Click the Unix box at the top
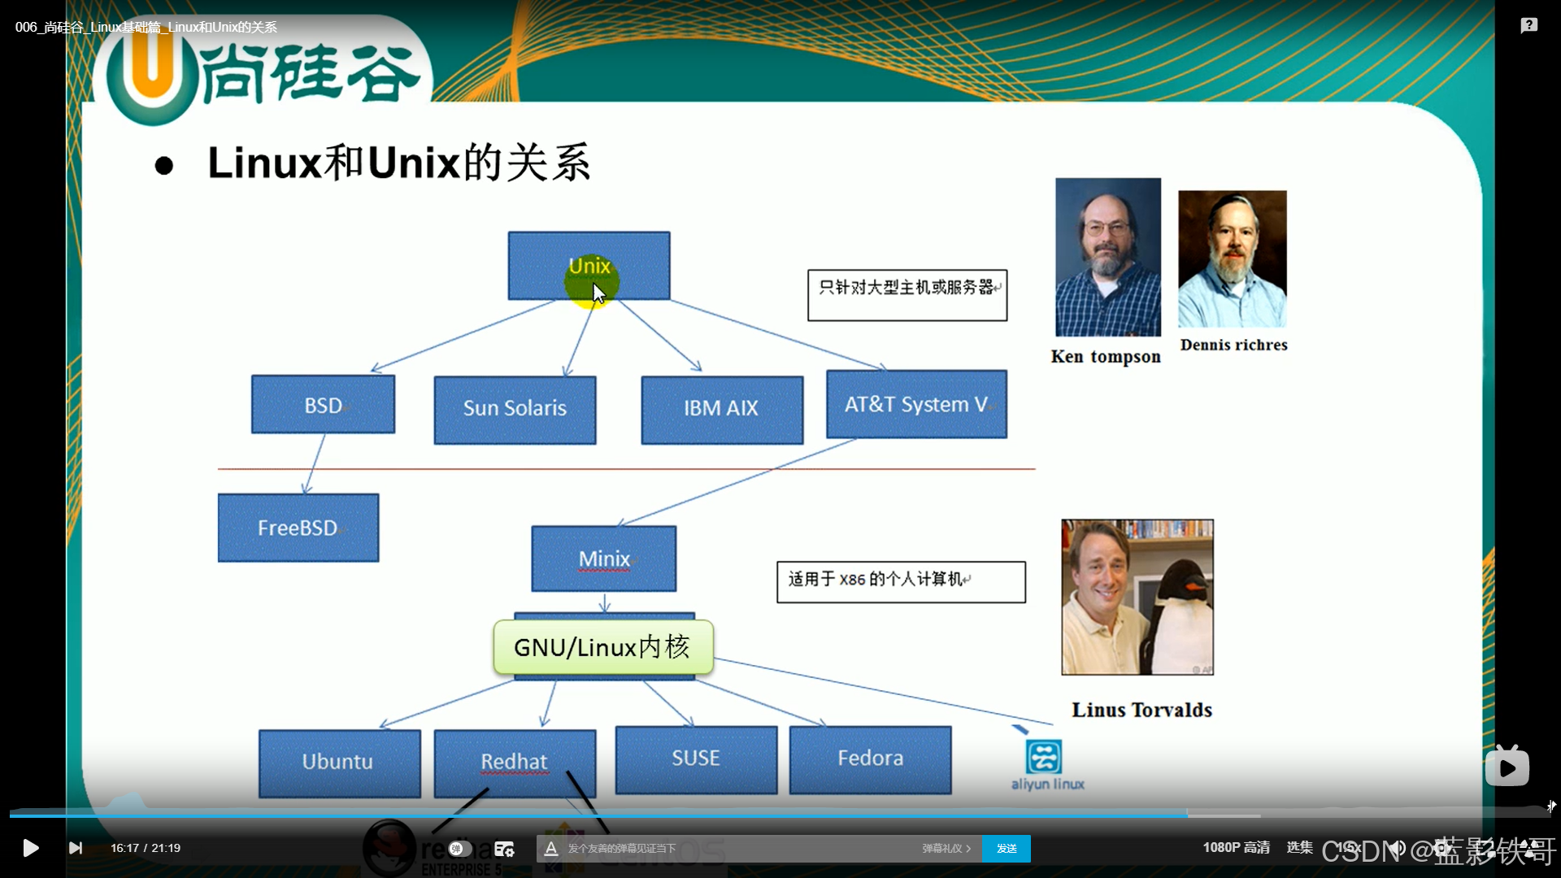pyautogui.click(x=589, y=266)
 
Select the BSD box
pyautogui.click(x=323, y=405)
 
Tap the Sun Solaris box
pyautogui.click(x=515, y=409)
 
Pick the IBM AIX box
pyautogui.click(x=721, y=409)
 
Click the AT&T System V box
pyautogui.click(x=916, y=404)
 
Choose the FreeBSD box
pyautogui.click(x=298, y=528)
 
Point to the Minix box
pyautogui.click(x=603, y=559)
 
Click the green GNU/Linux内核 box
pyautogui.click(x=602, y=647)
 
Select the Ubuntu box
pyautogui.click(x=338, y=762)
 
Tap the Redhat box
pyautogui.click(x=514, y=762)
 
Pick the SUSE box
pyautogui.click(x=696, y=758)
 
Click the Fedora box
pyautogui.click(x=870, y=758)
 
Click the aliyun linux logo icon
pyautogui.click(x=1044, y=757)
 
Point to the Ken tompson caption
pyautogui.click(x=1106, y=357)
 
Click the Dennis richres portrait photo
pyautogui.click(x=1232, y=259)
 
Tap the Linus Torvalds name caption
pyautogui.click(x=1141, y=710)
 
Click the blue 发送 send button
pyautogui.click(x=1007, y=848)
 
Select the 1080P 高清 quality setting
pyautogui.click(x=1236, y=848)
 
